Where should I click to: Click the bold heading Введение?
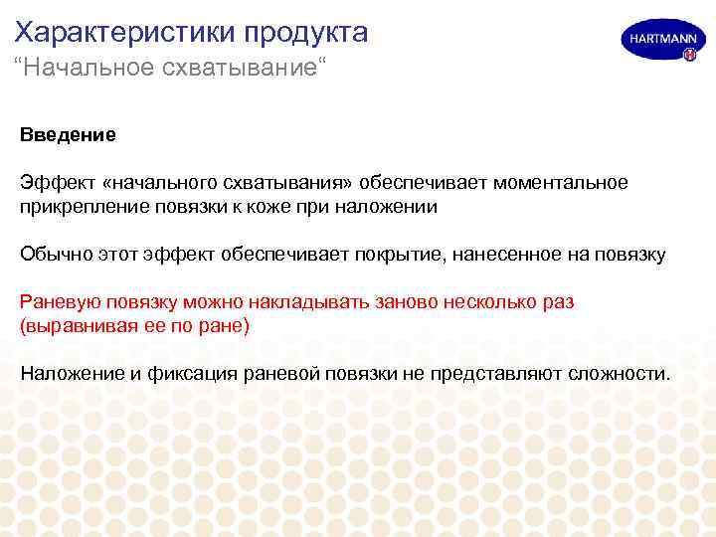tap(68, 134)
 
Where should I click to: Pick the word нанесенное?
tap(509, 254)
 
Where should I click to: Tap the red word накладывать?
tap(277, 301)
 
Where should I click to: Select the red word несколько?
tap(482, 301)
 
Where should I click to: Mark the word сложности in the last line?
tap(620, 373)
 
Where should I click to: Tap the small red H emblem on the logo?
tap(688, 56)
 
